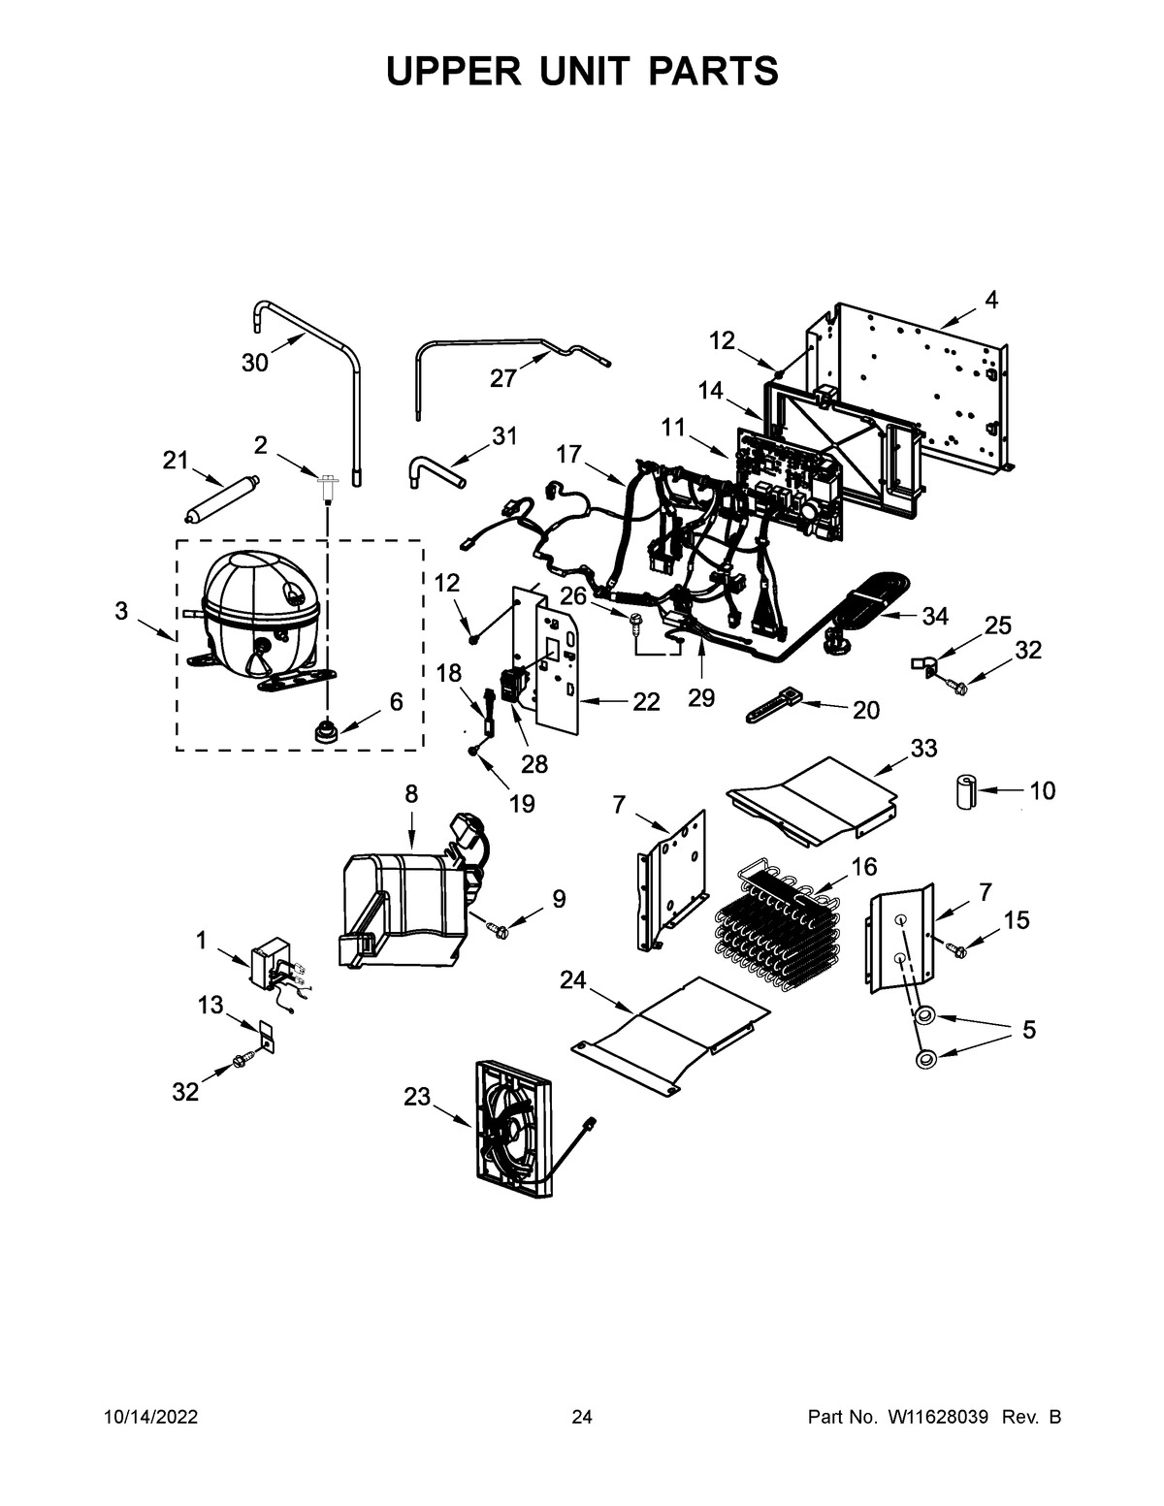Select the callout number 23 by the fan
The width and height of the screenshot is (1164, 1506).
tap(416, 1097)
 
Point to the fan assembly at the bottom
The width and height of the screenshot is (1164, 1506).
tap(512, 1133)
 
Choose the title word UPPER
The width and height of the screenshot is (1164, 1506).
tap(448, 71)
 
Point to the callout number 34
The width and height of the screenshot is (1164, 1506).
tap(935, 615)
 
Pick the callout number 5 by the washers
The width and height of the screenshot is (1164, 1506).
tap(1028, 1029)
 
